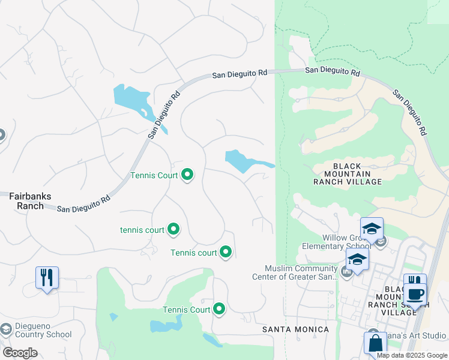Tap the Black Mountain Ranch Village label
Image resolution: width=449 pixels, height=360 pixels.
coord(347,174)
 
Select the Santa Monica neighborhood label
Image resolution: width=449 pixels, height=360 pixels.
coord(295,329)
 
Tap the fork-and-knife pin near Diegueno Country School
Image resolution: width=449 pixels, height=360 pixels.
coord(47,278)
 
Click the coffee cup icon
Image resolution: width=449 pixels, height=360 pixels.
coord(415,294)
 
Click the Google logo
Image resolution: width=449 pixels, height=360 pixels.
coord(20,353)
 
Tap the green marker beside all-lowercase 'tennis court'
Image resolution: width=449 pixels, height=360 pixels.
coord(173,229)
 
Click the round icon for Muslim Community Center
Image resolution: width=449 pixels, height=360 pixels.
coord(346,272)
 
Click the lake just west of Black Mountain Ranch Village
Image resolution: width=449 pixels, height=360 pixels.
coord(243,161)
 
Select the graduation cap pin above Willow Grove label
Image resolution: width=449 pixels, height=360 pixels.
coord(372,229)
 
